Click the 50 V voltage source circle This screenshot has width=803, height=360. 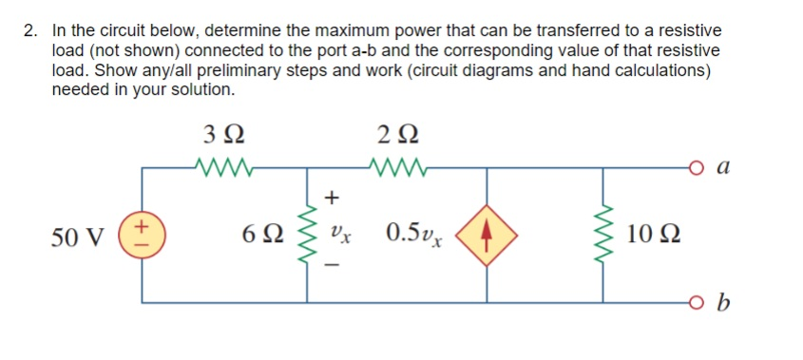click(143, 234)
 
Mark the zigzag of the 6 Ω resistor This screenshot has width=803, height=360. click(308, 235)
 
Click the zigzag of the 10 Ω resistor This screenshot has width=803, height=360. click(605, 235)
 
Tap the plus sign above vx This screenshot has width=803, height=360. click(332, 197)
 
